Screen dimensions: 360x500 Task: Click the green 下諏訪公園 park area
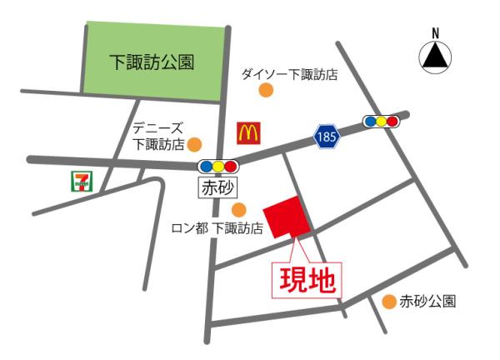tap(154, 60)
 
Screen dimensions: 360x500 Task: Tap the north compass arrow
tap(434, 57)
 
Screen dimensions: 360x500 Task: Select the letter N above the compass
tap(434, 32)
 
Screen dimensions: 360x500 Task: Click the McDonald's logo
tap(249, 131)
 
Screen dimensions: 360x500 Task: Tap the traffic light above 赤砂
tap(218, 165)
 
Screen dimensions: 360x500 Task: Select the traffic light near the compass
tap(381, 122)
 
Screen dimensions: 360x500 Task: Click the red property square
tap(287, 217)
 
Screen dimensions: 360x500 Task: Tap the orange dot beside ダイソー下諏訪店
tap(266, 90)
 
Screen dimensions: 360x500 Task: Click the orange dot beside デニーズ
tap(193, 144)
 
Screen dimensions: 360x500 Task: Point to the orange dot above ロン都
tap(238, 209)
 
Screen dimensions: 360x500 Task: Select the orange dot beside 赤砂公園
tap(388, 302)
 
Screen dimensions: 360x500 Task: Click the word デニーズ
tap(157, 128)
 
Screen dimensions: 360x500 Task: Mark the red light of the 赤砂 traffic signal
tap(231, 165)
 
